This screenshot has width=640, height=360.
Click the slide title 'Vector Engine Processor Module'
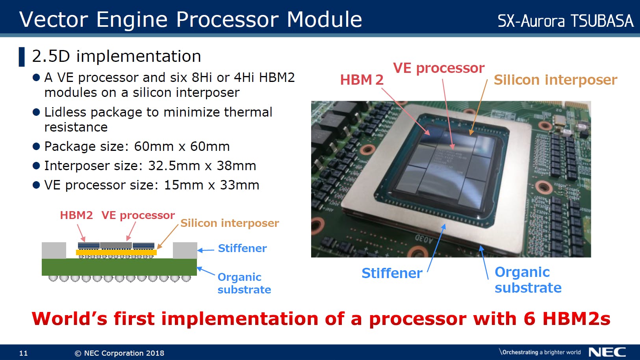click(x=191, y=19)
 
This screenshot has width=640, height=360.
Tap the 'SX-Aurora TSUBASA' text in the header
click(x=566, y=21)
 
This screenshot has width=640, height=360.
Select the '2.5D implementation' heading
click(x=117, y=56)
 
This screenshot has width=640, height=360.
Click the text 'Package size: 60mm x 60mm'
click(x=137, y=147)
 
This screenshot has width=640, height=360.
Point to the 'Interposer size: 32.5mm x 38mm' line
click(x=150, y=166)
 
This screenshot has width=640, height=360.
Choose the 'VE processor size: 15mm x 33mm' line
click(x=152, y=185)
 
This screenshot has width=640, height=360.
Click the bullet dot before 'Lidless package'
click(x=36, y=112)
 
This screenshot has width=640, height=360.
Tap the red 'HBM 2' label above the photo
click(x=362, y=80)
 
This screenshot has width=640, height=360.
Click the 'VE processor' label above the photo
click(x=439, y=69)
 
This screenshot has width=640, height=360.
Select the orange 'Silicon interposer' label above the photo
click(x=556, y=80)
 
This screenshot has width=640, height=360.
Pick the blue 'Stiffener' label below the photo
click(x=392, y=273)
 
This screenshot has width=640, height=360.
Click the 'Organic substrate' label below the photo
click(x=528, y=280)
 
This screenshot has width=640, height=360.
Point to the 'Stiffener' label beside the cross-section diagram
click(x=242, y=248)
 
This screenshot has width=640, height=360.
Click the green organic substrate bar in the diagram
click(x=119, y=267)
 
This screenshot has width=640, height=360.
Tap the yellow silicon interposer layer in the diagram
click(x=116, y=252)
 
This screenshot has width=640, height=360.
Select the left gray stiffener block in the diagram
click(x=54, y=250)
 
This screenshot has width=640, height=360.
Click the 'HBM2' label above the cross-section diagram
click(x=76, y=215)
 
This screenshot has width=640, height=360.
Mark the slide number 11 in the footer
click(x=23, y=353)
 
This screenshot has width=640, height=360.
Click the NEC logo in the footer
click(x=607, y=352)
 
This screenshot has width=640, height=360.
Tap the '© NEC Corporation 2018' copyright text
click(x=119, y=353)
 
